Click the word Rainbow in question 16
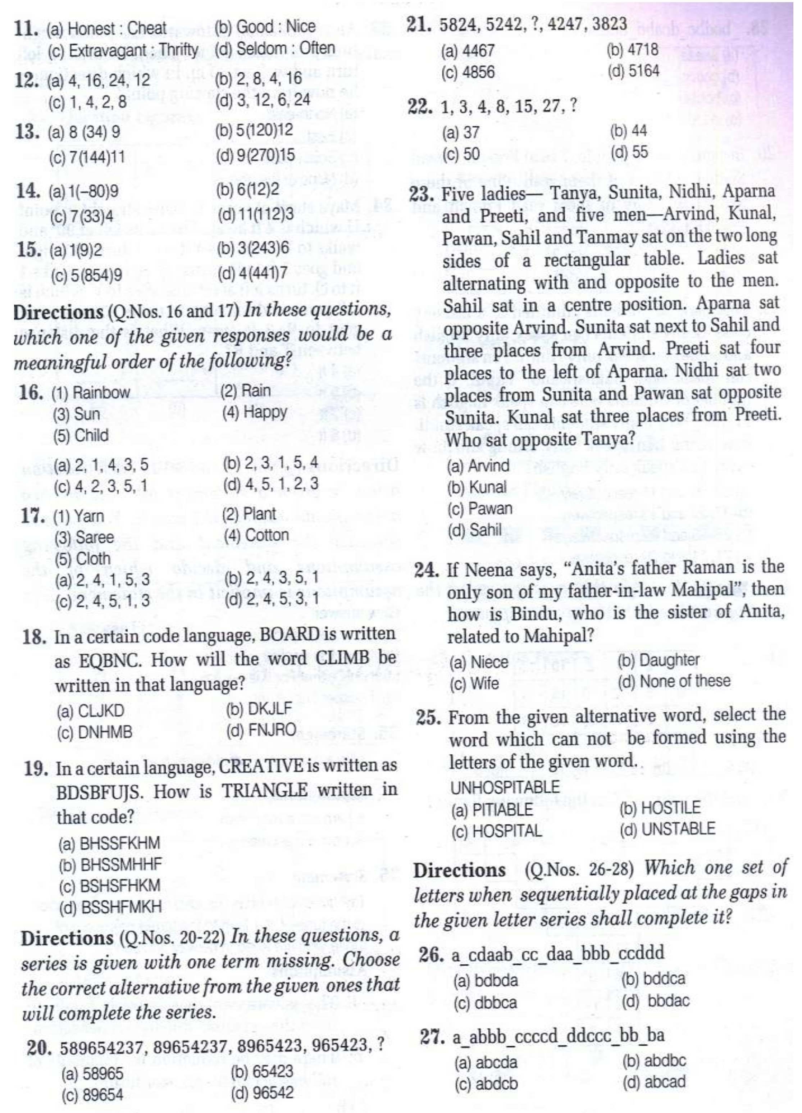[x=101, y=392]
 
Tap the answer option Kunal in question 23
[x=487, y=487]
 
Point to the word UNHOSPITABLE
[x=505, y=787]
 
